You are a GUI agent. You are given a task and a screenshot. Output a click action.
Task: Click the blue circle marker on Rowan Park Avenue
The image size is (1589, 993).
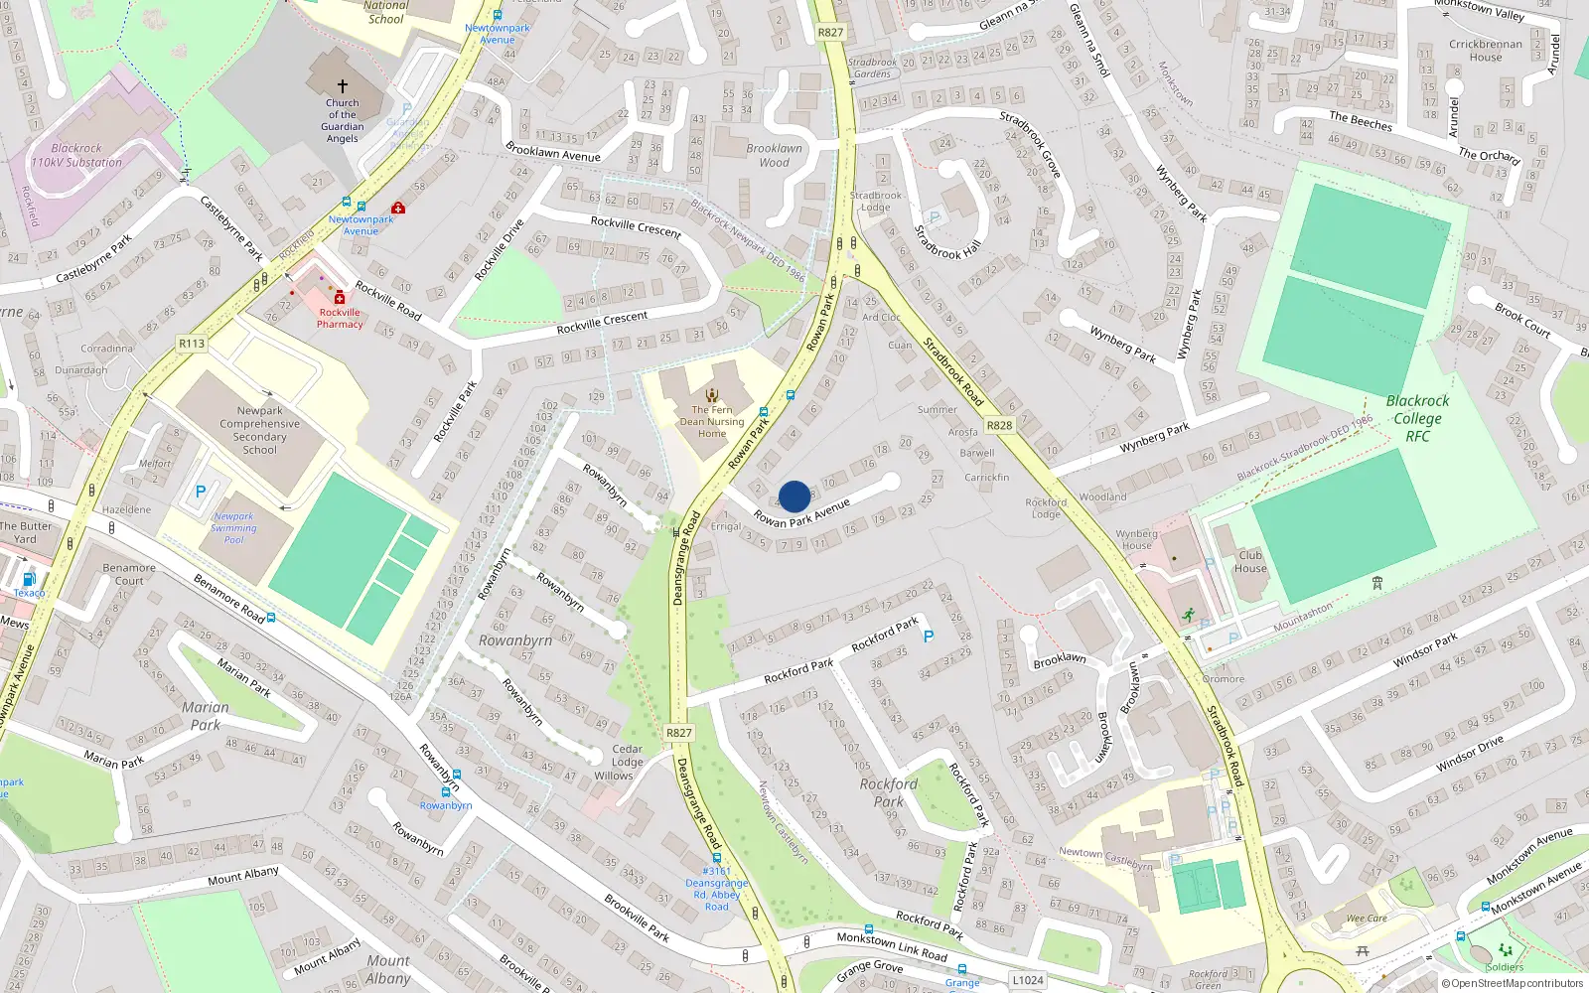coord(794,496)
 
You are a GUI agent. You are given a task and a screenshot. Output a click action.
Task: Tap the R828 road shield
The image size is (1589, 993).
coord(999,425)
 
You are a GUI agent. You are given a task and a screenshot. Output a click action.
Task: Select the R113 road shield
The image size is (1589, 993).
coord(192,344)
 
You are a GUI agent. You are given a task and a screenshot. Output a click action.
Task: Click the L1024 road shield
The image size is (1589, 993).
coord(1028,980)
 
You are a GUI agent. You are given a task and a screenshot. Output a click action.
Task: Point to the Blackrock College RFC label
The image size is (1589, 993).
coord(1417,418)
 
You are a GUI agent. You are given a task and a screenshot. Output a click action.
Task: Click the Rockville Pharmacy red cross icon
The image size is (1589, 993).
coord(340,297)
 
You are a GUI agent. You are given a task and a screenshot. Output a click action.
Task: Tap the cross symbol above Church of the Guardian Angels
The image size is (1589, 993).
coord(343,86)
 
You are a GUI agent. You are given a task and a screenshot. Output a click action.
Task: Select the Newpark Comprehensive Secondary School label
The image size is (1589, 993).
coord(259,430)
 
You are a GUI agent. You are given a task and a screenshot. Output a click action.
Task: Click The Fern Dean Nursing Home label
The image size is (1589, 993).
coord(712,421)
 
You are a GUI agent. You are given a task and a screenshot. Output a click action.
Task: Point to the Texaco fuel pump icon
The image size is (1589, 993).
coord(29,579)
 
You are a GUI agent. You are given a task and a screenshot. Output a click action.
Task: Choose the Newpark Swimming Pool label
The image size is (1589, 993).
coord(233,528)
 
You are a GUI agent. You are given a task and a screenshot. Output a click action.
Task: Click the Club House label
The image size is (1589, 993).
coord(1250,562)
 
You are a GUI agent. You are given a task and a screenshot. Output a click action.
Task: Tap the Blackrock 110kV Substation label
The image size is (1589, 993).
coord(76,155)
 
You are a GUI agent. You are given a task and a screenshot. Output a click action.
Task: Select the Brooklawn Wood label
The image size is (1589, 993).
coord(774,156)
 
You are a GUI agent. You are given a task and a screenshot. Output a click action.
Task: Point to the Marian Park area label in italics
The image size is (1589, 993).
coord(206,716)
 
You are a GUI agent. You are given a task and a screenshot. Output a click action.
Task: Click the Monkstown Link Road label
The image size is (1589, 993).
coord(892,946)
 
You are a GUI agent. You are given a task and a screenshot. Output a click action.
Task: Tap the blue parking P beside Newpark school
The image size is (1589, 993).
coord(201,492)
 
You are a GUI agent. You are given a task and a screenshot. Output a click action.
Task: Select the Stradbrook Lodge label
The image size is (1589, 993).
coord(875,202)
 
